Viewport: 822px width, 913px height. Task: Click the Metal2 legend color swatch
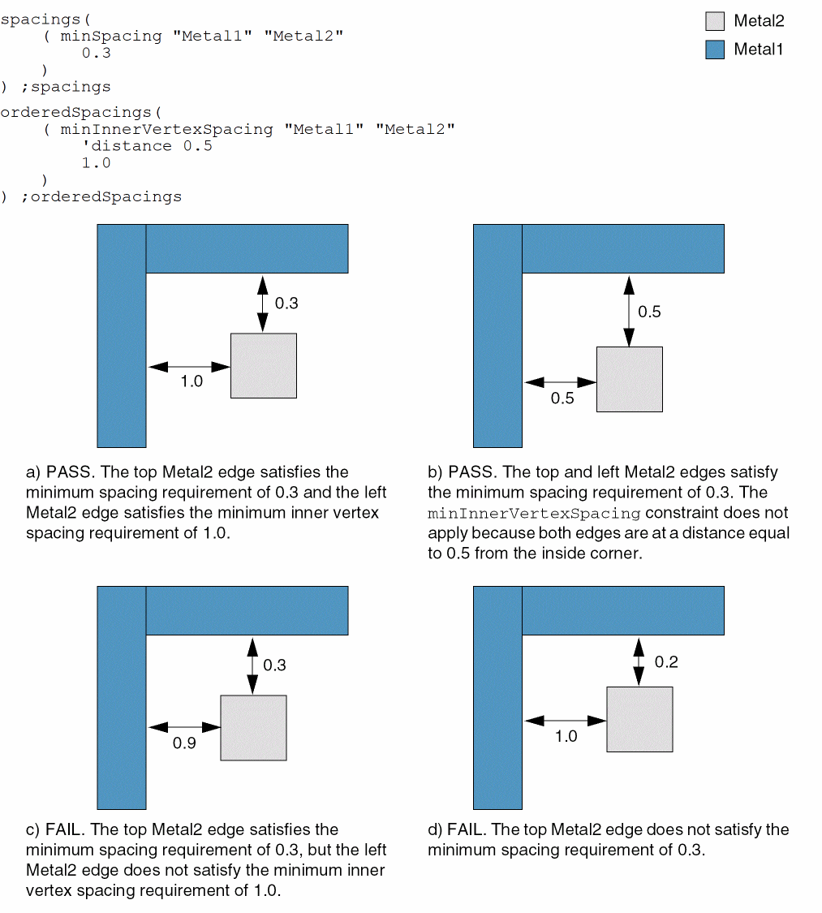714,21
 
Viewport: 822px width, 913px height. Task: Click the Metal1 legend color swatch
714,50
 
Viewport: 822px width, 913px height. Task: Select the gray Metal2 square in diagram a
264,366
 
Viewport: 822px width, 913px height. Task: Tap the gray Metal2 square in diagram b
630,379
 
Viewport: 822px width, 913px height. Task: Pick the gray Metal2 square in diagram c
253,728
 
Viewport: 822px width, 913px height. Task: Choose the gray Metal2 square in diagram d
639,719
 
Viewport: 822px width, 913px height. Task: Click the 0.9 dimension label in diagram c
184,743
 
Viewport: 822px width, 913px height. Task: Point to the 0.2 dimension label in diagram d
666,662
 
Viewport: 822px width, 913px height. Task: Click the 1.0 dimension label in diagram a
192,381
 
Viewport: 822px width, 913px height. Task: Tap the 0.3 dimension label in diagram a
286,304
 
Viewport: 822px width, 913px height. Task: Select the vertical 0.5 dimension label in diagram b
649,312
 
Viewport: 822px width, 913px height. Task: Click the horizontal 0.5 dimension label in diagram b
562,398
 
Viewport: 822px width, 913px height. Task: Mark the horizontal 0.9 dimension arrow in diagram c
184,727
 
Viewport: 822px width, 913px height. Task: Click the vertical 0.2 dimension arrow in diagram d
639,661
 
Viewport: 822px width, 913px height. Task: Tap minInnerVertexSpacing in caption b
534,514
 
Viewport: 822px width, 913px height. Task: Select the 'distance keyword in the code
127,146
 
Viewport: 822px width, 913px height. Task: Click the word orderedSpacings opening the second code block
75,112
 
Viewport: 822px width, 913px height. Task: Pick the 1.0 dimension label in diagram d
566,737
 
